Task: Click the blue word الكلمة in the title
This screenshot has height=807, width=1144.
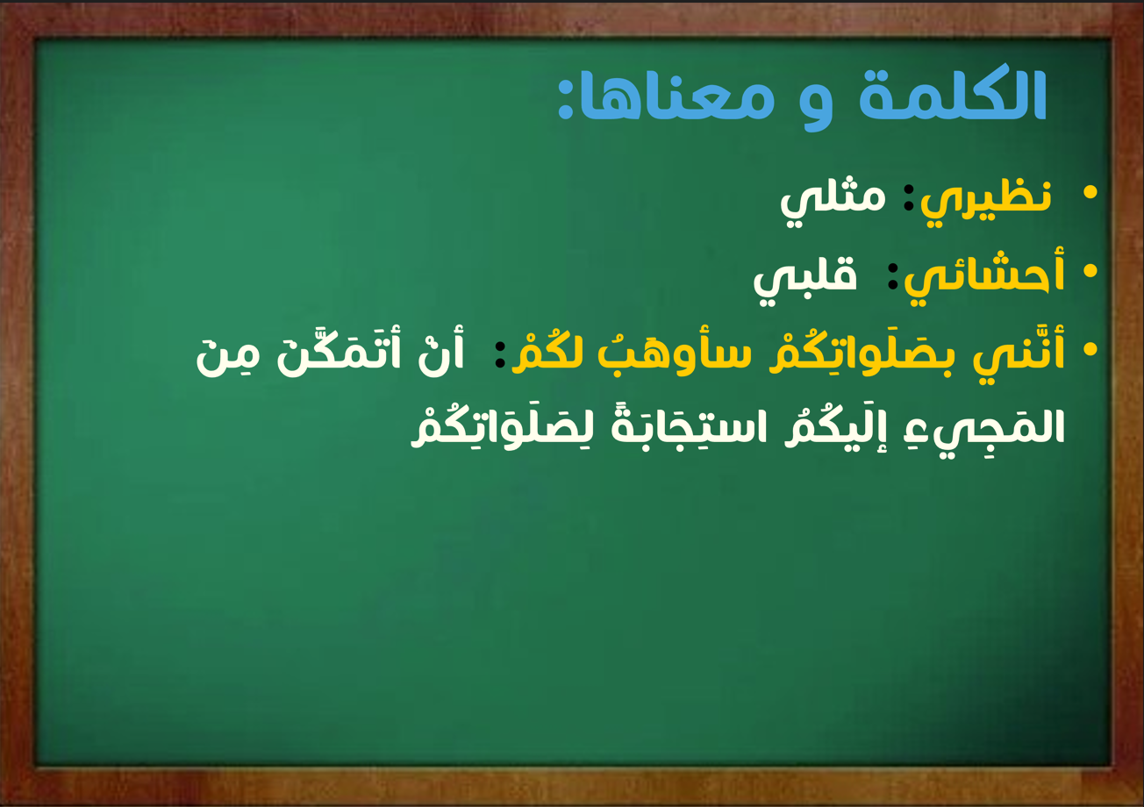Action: click(x=953, y=95)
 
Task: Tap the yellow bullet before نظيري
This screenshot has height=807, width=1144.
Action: click(x=1090, y=192)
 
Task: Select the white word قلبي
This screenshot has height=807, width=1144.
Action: click(x=805, y=278)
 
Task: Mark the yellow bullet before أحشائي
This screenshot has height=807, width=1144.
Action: click(x=1090, y=271)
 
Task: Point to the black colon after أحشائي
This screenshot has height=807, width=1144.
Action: click(x=893, y=275)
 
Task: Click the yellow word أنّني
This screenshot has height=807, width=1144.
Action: click(x=1019, y=353)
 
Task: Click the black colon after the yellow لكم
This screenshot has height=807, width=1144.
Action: click(x=500, y=354)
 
